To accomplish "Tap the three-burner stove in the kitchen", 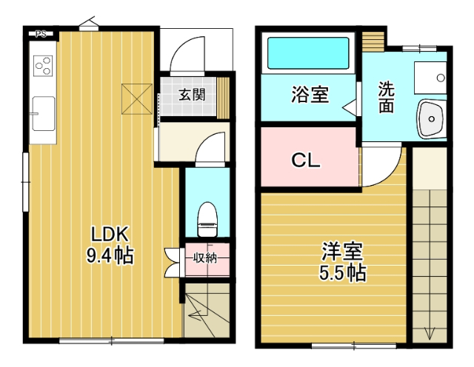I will click(x=43, y=66).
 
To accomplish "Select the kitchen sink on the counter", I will click(x=43, y=113).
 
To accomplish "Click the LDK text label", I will click(x=110, y=235).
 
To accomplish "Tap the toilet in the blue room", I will click(x=207, y=215).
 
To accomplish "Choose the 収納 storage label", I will click(x=205, y=258).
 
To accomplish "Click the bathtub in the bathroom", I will click(x=307, y=53).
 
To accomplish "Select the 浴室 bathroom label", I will click(x=310, y=95).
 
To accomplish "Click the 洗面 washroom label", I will click(x=386, y=97).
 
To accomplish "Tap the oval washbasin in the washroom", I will click(x=429, y=118).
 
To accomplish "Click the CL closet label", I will click(x=305, y=159).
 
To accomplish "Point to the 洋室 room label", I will click(x=342, y=252).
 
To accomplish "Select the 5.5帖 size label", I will click(x=342, y=273).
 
